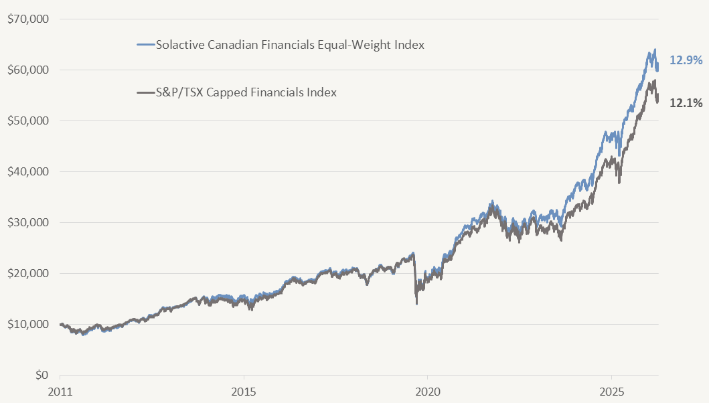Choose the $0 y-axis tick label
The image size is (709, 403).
[42, 375]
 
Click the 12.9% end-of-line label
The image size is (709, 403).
[686, 60]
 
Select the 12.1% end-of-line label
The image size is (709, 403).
[686, 102]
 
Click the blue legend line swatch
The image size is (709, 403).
[145, 46]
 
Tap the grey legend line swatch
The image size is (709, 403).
[145, 92]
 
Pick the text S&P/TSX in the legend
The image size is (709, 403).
[177, 92]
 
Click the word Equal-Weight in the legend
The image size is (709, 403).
[331, 46]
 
